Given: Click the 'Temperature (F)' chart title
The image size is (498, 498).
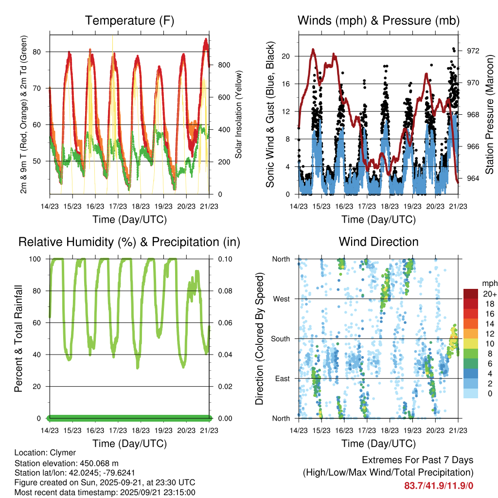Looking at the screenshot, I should point(129,20).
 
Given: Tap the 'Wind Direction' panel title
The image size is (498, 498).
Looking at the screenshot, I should point(378,242).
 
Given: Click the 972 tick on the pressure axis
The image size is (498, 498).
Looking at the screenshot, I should point(473,51).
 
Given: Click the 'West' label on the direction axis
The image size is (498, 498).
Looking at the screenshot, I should point(281,299).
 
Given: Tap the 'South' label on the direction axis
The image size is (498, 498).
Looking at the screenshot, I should point(280,339).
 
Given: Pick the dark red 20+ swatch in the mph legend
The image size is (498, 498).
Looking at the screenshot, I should point(470,294).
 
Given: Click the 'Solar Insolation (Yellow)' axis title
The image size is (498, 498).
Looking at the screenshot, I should point(239,114).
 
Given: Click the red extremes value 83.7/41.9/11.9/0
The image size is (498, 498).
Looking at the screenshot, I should point(439,486).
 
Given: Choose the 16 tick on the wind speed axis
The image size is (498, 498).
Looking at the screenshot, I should point(286,84).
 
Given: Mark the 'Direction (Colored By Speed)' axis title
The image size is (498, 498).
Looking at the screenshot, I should point(259,338).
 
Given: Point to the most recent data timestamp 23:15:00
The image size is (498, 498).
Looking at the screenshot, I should point(180,492).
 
